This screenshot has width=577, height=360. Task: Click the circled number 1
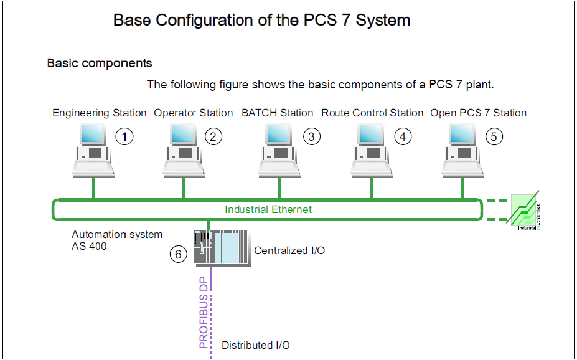[124, 136]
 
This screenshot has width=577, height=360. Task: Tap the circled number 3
[311, 136]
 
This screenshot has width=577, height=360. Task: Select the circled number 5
[494, 136]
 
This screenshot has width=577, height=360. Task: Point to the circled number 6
[179, 254]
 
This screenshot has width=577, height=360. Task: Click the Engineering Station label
[99, 113]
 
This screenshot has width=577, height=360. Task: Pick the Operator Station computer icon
[184, 150]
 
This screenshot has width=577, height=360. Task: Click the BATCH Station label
[277, 113]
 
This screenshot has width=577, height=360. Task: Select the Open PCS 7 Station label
[478, 113]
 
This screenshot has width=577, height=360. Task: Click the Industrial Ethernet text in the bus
[268, 209]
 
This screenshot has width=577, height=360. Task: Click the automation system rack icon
[221, 249]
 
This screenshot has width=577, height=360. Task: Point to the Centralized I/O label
[289, 250]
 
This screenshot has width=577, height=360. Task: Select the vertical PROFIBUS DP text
[204, 311]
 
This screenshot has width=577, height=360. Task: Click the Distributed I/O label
[256, 345]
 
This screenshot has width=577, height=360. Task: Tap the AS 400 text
[89, 246]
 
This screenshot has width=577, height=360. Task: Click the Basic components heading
[100, 63]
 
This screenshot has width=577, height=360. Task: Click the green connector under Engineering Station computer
[93, 188]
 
